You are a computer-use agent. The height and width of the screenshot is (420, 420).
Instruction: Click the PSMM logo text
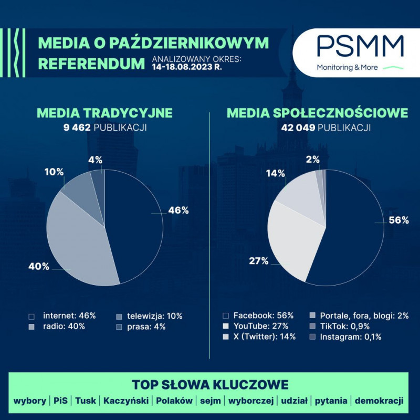(360, 46)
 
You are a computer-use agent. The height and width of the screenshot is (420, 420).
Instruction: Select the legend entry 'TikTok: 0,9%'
(341, 326)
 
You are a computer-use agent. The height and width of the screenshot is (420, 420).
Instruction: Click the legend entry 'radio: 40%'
(64, 326)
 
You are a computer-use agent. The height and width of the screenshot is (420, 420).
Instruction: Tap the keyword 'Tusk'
(86, 401)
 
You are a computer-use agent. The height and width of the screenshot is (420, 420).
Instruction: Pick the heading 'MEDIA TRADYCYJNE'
(104, 113)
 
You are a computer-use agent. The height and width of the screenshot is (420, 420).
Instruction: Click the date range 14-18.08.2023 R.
(187, 68)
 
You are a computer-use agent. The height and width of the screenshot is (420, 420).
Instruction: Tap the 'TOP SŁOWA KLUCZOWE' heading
(210, 384)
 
